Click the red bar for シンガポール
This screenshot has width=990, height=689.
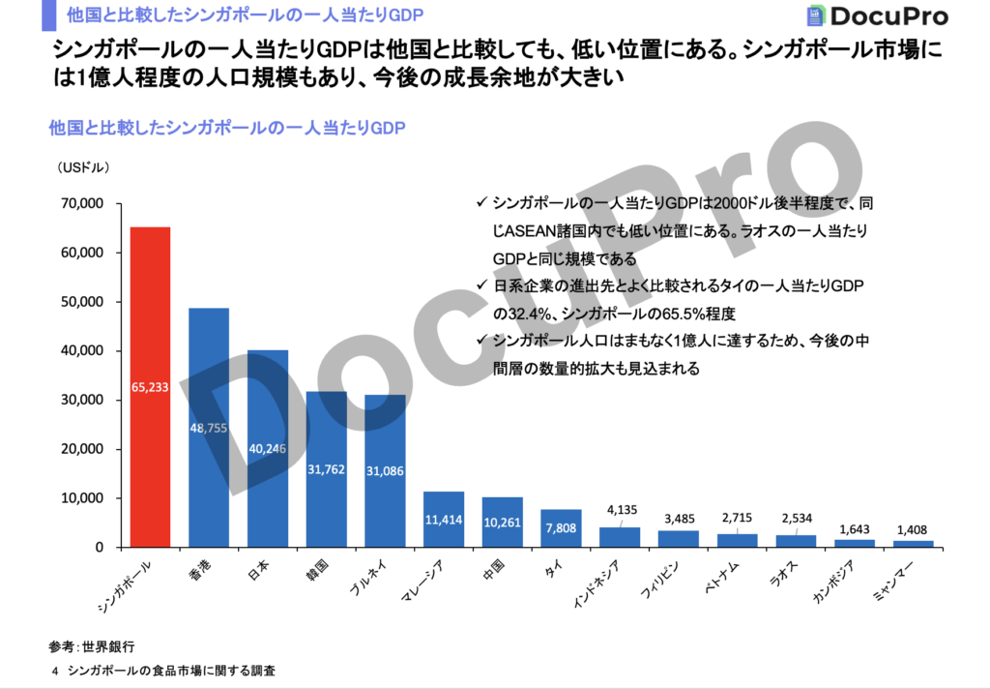coord(150,387)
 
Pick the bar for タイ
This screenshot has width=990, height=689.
coord(561,528)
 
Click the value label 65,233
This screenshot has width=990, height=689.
coord(150,387)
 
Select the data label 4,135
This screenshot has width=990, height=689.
coord(620,509)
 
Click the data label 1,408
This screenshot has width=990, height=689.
coord(914,529)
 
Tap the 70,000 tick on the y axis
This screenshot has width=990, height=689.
coord(81,204)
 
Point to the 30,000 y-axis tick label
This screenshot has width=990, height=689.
coord(81,401)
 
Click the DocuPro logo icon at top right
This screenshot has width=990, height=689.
coord(817,16)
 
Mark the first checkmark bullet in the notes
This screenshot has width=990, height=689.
coord(480,203)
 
